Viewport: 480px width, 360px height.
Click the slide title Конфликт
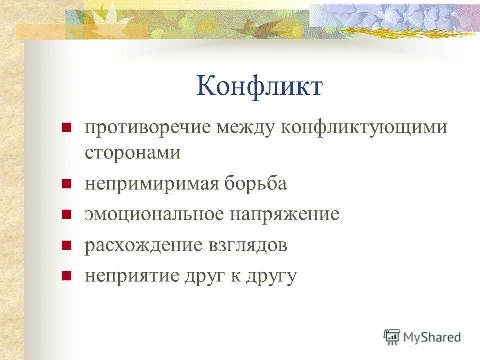(x=259, y=86)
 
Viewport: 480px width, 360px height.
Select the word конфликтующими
(x=365, y=128)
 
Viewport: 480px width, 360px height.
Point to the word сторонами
(x=133, y=152)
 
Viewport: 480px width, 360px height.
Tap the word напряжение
(x=285, y=214)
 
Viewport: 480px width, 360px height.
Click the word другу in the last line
(x=272, y=277)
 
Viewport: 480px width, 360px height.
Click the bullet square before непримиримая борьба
(x=65, y=184)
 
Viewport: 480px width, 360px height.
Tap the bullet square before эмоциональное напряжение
(x=65, y=215)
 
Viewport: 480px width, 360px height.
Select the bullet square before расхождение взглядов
(x=65, y=246)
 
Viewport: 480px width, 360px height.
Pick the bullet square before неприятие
(x=65, y=276)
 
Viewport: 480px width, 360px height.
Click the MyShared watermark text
(x=432, y=337)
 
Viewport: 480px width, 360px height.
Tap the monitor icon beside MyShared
(x=392, y=337)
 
